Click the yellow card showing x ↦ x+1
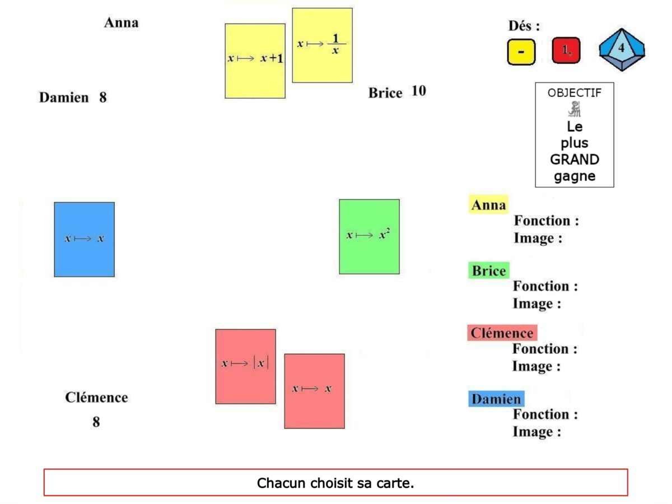coord(255,60)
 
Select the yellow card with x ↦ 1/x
coord(322,45)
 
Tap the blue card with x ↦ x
coord(84,239)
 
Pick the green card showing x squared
coord(369,236)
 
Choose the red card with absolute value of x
coord(245,366)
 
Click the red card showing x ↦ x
coord(314,391)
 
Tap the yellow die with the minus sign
coord(521,52)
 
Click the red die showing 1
coord(566,51)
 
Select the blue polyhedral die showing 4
coord(622,50)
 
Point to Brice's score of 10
coord(419,91)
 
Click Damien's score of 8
coord(103,97)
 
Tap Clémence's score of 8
coord(96,422)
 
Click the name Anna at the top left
coord(121,23)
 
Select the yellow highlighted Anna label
coord(488,205)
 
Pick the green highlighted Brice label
coord(488,271)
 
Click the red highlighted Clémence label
coord(502,333)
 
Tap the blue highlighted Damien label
coord(496,399)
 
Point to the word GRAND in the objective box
coord(575,160)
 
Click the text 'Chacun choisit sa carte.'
coord(335,483)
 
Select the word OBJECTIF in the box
coord(575,93)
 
